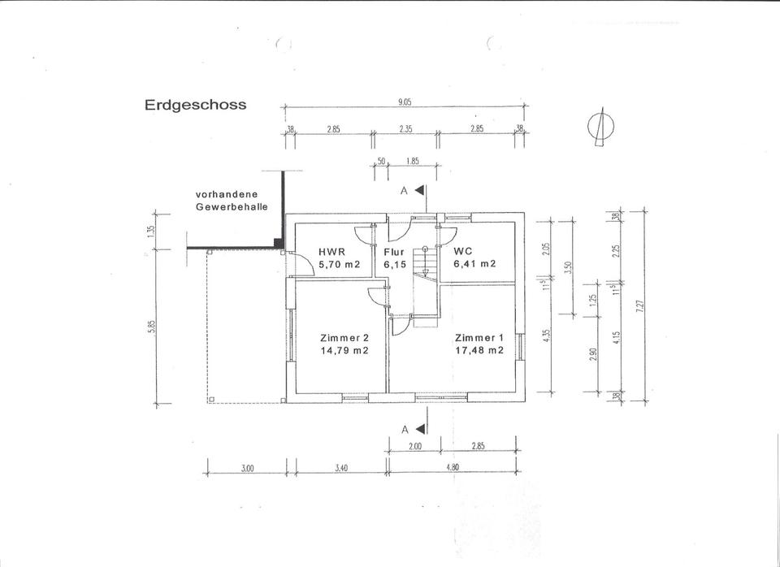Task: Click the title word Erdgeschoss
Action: pos(195,105)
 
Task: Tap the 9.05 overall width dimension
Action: pos(403,103)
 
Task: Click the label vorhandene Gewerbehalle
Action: pos(232,201)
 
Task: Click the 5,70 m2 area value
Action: pos(340,264)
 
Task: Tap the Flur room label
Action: pos(393,252)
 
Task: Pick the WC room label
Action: pos(462,252)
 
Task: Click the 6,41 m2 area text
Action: pos(474,264)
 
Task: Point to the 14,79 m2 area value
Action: pos(344,351)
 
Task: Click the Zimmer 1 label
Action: pos(479,338)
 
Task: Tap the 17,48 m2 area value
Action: pos(479,351)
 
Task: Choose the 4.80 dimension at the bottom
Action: pos(452,467)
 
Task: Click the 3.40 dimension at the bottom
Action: pos(341,468)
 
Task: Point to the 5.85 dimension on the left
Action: pos(152,327)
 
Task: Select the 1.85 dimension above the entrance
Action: pos(412,161)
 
